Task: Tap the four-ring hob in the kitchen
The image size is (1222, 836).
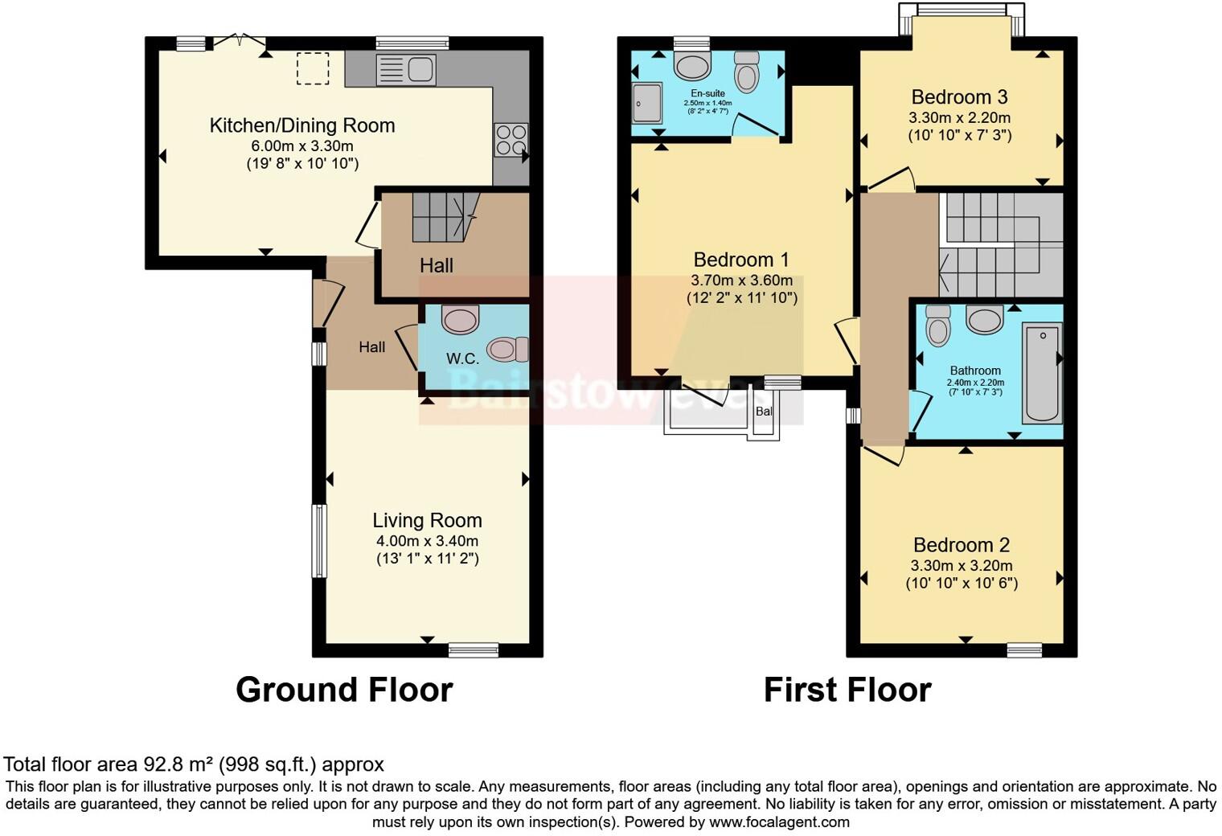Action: [x=511, y=140]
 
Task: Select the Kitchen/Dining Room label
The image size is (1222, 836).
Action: [x=302, y=126]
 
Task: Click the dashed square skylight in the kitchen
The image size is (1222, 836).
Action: [x=313, y=68]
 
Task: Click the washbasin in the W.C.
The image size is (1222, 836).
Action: [x=461, y=319]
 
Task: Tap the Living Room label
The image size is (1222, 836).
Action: [x=427, y=521]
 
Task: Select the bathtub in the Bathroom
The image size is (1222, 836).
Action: [x=1042, y=372]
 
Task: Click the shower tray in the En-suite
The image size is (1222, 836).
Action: [x=646, y=103]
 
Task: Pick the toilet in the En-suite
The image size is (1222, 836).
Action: [x=747, y=72]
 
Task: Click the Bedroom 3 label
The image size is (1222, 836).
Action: [x=959, y=97]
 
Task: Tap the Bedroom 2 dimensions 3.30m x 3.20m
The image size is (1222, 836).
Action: [x=962, y=566]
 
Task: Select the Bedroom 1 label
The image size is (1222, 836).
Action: [x=741, y=260]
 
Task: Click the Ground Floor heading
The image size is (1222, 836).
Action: [x=344, y=690]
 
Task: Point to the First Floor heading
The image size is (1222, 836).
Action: [x=847, y=690]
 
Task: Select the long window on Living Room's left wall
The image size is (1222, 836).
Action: [x=319, y=541]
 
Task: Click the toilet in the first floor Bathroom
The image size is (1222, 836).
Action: [x=938, y=326]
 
